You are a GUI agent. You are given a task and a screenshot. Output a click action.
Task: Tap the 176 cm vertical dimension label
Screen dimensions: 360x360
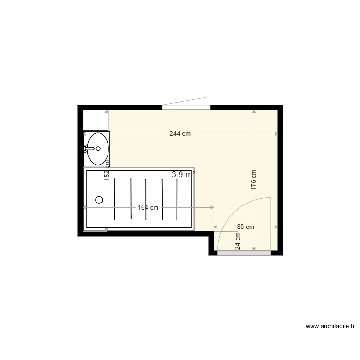(x=253, y=180)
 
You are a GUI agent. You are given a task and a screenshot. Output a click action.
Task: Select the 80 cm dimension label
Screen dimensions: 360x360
(x=245, y=227)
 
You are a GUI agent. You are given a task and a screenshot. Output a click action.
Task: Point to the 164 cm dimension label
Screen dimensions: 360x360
(x=148, y=208)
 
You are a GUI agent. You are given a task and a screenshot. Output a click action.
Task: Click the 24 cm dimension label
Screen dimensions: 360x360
(x=237, y=240)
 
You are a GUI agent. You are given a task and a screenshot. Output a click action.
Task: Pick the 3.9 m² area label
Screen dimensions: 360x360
(x=183, y=175)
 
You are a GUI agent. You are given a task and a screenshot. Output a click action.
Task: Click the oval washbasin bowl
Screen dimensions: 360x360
(x=97, y=148)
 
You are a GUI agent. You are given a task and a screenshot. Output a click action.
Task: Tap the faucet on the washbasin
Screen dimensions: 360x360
(x=89, y=148)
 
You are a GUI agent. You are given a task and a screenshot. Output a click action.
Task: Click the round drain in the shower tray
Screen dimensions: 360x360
(x=99, y=199)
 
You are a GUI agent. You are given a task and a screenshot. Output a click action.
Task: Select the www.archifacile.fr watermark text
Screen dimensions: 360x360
(x=330, y=327)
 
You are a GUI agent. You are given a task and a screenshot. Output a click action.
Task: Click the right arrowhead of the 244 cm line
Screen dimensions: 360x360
(x=276, y=134)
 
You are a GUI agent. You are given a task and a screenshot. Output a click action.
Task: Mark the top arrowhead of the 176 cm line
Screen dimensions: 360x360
(x=254, y=112)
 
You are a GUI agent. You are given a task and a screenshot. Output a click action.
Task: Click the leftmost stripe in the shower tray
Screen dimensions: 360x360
(x=114, y=198)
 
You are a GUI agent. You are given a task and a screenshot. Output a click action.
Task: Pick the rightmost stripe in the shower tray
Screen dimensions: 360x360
(x=178, y=198)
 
